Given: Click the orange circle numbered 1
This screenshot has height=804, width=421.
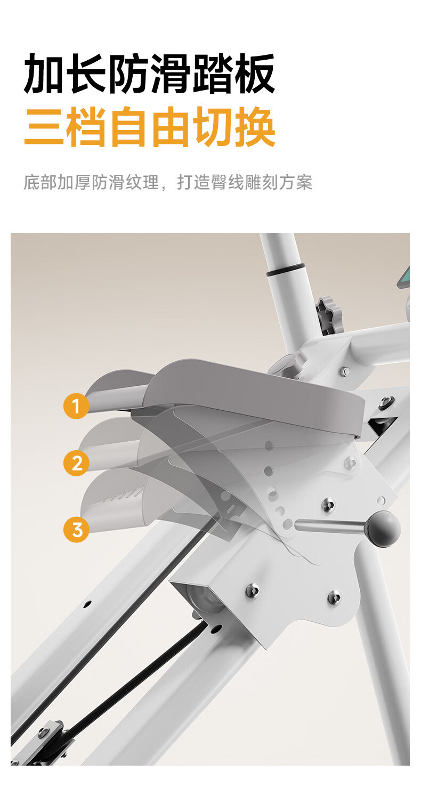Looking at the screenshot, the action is (76, 406).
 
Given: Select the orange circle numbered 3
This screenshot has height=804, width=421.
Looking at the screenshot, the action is (76, 530).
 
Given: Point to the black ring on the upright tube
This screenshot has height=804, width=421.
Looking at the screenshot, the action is (286, 270).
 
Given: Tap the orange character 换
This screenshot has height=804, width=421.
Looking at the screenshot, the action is (255, 127).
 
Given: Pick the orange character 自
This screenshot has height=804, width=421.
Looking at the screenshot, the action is (128, 127).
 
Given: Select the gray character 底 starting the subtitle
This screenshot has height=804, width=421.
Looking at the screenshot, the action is (31, 182).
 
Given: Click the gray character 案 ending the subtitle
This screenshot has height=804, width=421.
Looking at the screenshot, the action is (304, 182).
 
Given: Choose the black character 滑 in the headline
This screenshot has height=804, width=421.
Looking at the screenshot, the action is (170, 74).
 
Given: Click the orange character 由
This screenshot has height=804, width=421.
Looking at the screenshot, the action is (171, 127).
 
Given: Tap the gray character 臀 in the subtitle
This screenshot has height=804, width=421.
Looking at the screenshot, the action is (219, 182).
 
